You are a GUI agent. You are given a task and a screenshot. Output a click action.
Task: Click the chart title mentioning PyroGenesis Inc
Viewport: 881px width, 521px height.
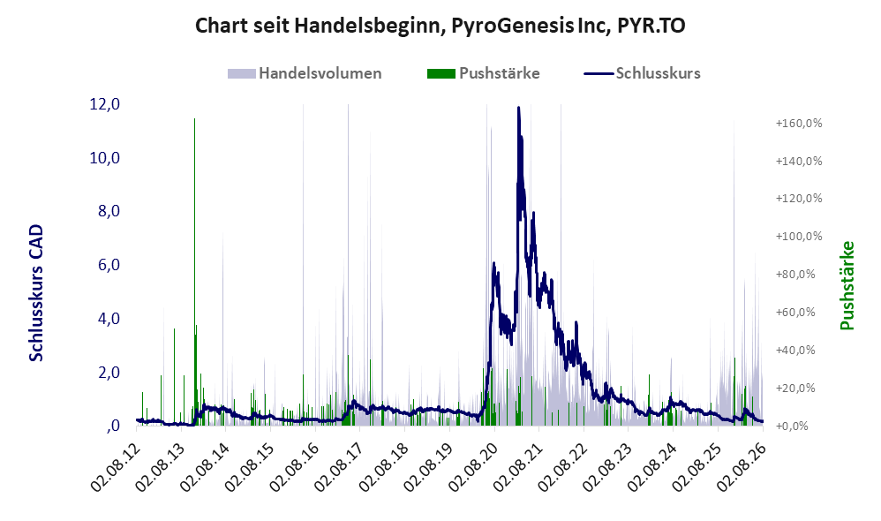click(x=440, y=26)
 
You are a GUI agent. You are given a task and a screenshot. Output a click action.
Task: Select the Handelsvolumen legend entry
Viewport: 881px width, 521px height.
click(x=305, y=73)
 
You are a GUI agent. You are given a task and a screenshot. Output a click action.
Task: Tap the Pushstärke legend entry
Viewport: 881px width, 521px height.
click(x=483, y=73)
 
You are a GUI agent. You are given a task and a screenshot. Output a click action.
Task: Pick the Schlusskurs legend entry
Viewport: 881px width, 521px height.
click(x=642, y=73)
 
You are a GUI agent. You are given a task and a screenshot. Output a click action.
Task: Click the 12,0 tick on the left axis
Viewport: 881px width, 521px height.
click(x=105, y=104)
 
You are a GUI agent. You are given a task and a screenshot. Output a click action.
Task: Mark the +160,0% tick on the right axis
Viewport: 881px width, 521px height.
click(x=798, y=123)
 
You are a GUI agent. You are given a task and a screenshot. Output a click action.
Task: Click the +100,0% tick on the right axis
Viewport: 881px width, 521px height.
click(x=798, y=236)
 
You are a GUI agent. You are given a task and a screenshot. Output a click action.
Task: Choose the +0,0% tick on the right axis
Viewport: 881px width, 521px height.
click(x=792, y=426)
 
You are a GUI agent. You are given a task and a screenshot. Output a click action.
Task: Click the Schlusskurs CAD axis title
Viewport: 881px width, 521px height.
click(x=36, y=293)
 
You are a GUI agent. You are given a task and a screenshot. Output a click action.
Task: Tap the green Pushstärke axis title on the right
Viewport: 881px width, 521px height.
click(x=847, y=285)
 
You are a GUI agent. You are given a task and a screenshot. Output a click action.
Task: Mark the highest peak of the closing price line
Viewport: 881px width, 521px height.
click(x=518, y=107)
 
